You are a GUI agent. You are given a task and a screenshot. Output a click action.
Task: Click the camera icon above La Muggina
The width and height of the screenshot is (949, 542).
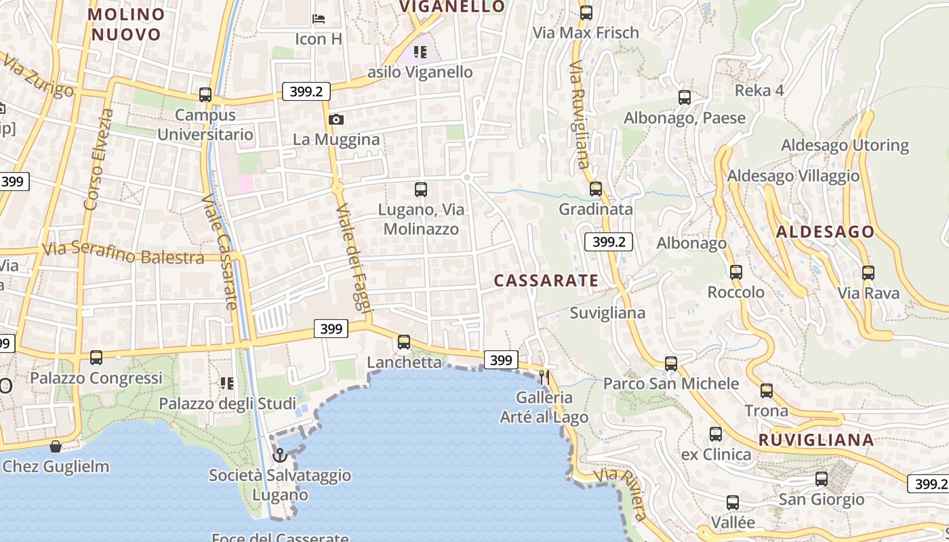(336, 120)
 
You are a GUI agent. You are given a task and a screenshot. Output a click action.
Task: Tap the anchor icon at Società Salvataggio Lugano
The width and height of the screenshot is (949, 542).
(279, 455)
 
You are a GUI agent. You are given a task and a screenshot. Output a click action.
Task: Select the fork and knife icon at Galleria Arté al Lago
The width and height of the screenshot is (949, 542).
(544, 376)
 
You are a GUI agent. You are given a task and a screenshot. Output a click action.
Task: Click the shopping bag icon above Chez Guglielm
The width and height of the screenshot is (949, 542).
(56, 446)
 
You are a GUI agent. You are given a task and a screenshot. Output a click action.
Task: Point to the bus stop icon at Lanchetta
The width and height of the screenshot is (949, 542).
(404, 342)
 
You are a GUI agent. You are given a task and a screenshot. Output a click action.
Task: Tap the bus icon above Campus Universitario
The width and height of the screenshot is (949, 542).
(205, 95)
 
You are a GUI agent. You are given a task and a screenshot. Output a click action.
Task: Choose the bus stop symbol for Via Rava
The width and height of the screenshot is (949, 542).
(868, 273)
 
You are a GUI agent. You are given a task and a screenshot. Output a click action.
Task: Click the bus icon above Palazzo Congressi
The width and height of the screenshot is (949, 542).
(96, 357)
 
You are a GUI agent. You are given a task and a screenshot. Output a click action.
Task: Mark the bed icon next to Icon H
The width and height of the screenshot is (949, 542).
(318, 18)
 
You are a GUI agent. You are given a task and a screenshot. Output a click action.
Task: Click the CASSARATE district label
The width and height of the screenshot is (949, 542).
(546, 280)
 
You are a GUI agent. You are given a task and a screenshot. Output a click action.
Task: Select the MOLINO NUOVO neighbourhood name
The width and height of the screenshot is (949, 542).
(127, 24)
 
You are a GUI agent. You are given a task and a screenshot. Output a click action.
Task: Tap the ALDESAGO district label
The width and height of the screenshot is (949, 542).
(825, 232)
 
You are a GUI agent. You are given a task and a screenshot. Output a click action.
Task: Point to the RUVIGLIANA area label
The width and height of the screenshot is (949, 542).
(816, 440)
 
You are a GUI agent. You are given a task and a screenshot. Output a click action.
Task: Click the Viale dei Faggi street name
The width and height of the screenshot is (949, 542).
(355, 257)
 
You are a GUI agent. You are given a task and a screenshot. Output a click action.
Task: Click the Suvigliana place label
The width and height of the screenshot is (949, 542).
(607, 313)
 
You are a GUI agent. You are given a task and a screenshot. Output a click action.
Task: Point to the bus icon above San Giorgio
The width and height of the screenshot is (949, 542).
(822, 479)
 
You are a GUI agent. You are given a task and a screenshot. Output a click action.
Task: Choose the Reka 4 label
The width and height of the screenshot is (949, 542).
(759, 91)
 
